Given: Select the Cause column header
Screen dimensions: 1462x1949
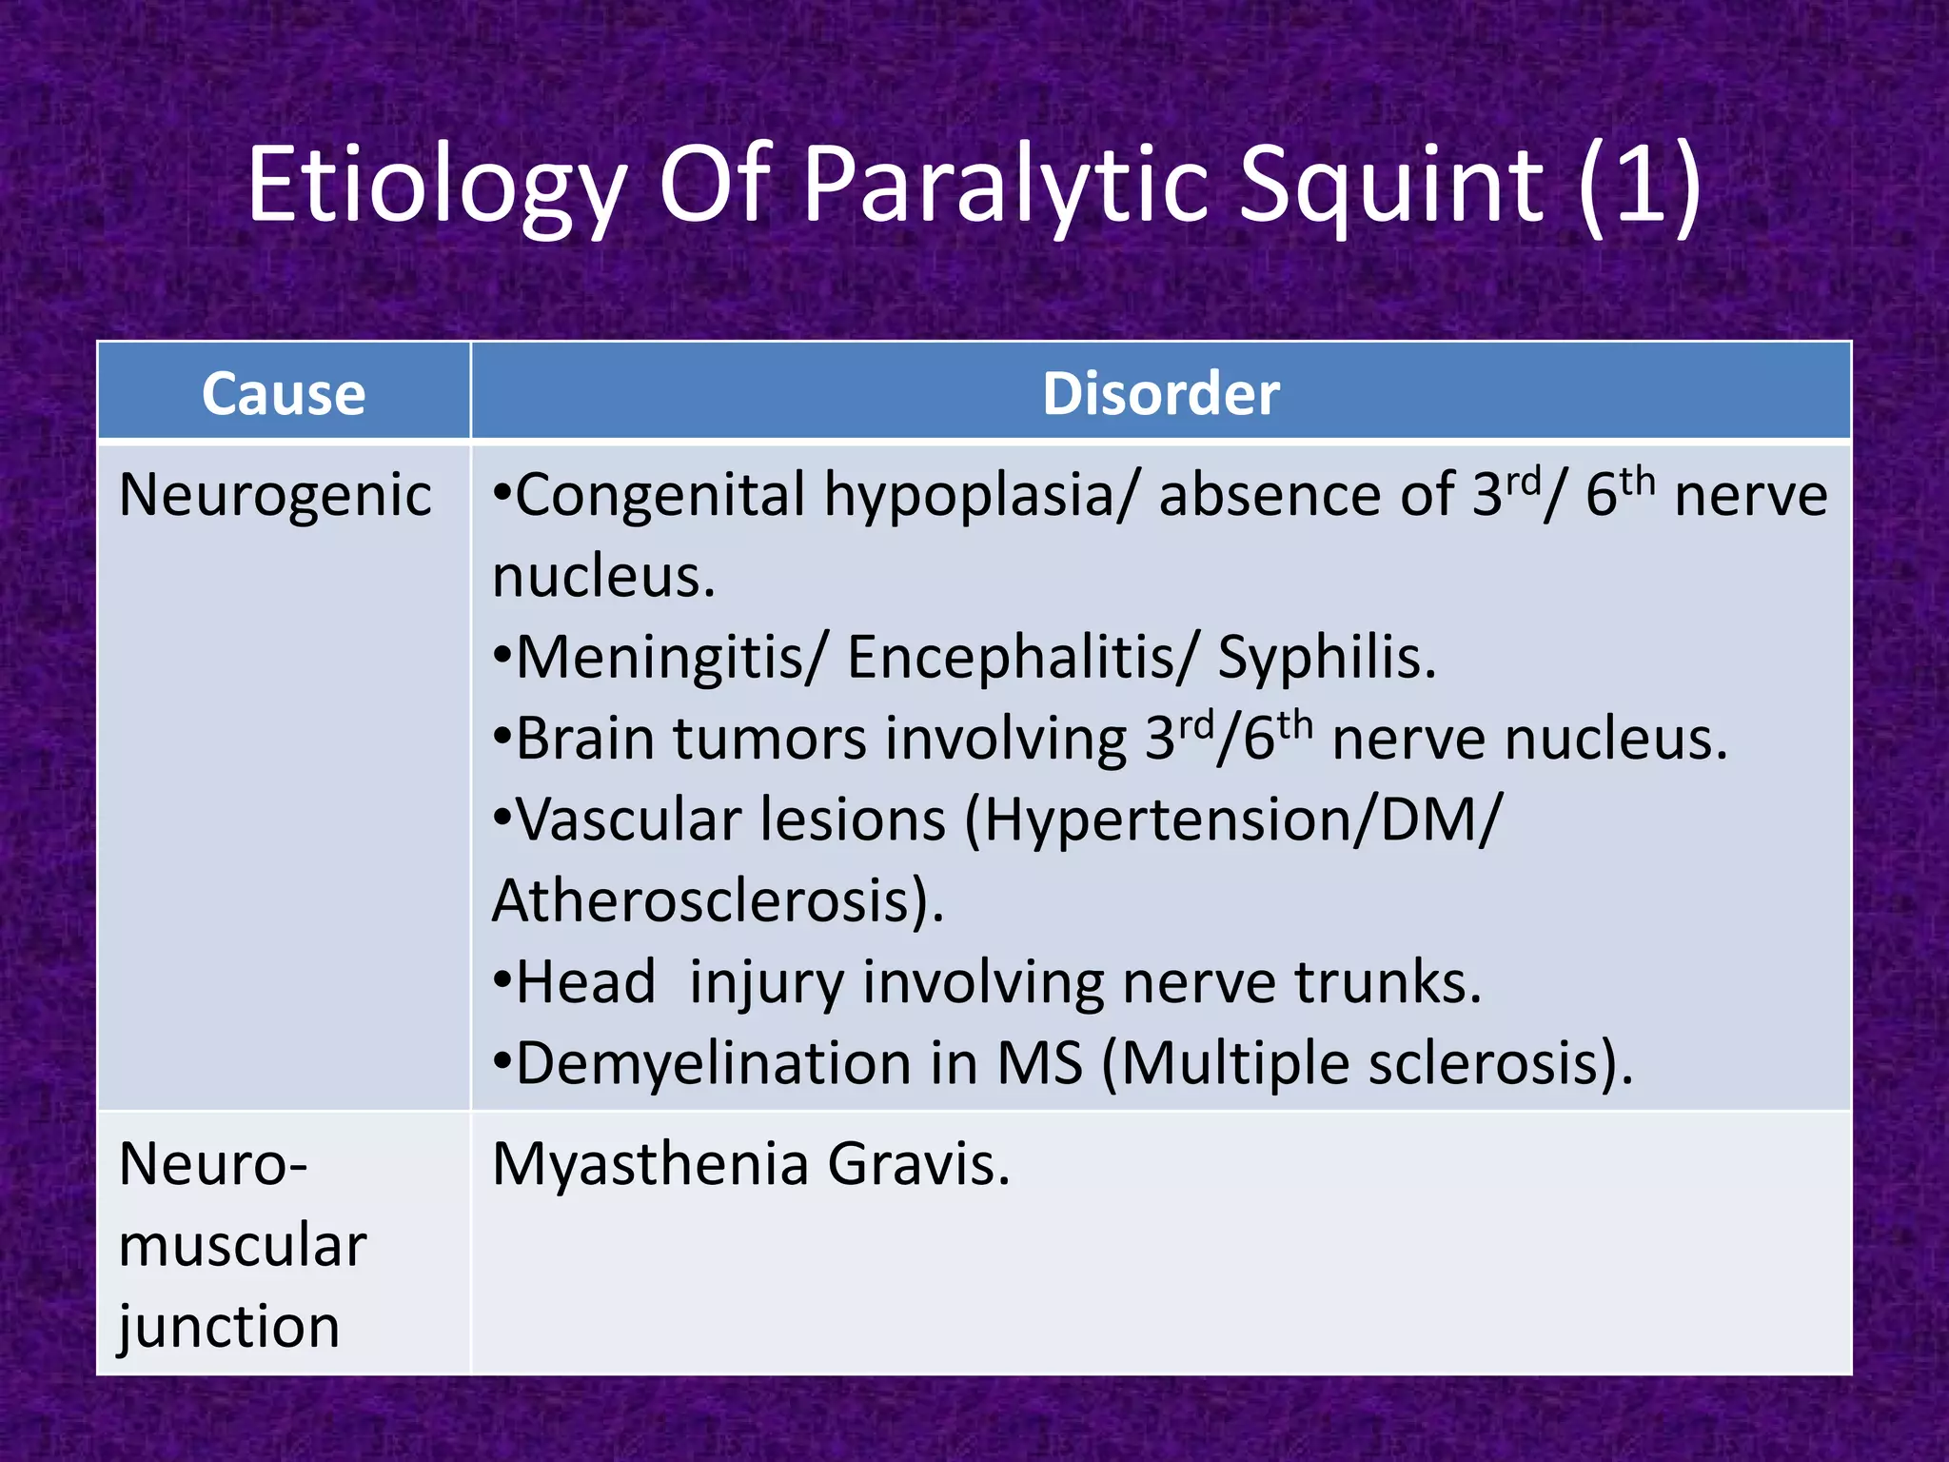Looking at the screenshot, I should click(x=284, y=393).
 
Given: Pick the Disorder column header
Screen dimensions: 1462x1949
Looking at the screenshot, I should click(x=1160, y=393).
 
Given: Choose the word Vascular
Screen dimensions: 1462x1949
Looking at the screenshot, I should click(x=636, y=820).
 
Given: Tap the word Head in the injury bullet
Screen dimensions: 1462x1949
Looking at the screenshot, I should click(x=585, y=982).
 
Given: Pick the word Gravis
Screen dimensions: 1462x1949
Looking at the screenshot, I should click(x=917, y=1164).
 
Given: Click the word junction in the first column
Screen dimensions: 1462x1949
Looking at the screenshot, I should click(x=229, y=1327).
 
